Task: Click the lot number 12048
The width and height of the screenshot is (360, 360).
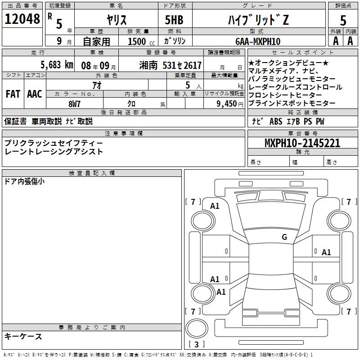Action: tap(22, 19)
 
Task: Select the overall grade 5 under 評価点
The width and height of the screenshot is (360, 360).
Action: tap(343, 20)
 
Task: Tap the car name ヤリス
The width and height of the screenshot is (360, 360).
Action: tap(116, 20)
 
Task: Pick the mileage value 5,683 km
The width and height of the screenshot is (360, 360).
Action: tap(56, 64)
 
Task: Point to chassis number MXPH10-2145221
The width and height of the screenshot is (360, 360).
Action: tap(302, 143)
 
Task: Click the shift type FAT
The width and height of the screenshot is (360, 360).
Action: tap(12, 94)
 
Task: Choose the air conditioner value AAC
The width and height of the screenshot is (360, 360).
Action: tap(34, 94)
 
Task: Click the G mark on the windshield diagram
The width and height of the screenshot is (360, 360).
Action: tap(284, 237)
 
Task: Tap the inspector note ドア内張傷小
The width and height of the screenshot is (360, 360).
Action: tap(24, 182)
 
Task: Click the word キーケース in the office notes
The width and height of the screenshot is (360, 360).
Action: tap(23, 336)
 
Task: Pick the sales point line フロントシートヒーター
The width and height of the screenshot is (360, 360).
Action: tap(285, 95)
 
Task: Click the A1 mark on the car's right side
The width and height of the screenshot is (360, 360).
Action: tap(326, 252)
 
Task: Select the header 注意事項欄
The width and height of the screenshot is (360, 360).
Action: tap(123, 133)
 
